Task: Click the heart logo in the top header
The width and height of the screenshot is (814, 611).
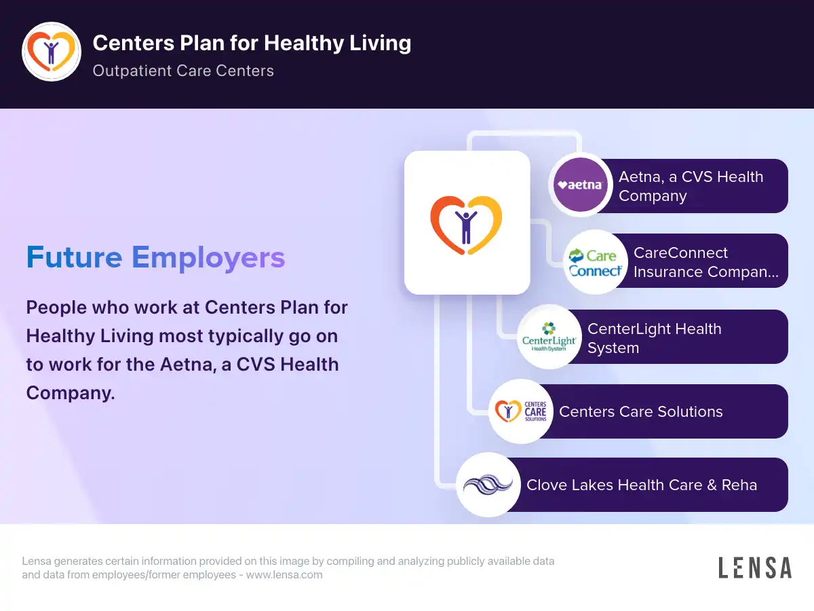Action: [52, 52]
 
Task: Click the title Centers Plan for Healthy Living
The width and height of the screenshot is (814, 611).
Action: [252, 43]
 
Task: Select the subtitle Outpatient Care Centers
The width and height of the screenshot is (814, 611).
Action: [183, 71]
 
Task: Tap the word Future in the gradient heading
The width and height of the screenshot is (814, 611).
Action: [74, 257]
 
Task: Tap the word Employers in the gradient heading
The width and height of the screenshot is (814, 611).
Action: [208, 258]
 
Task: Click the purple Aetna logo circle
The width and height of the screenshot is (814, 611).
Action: [581, 185]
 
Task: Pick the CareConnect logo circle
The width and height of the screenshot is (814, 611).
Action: [595, 262]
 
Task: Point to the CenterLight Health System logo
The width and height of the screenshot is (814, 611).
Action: [549, 337]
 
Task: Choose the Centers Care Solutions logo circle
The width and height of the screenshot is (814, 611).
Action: [521, 411]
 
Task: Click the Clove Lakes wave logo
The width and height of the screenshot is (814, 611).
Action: [488, 485]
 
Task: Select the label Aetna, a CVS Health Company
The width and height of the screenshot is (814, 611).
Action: [691, 186]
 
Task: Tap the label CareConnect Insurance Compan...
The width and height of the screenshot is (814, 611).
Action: [705, 262]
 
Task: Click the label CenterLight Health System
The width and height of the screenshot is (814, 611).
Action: [655, 338]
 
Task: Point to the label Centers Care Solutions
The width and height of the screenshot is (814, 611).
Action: [641, 411]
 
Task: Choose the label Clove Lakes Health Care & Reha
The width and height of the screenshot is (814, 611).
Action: [642, 485]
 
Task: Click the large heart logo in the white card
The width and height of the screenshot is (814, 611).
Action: [466, 225]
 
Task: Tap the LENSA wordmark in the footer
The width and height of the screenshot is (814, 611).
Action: [755, 568]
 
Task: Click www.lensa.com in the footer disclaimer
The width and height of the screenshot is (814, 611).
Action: [284, 574]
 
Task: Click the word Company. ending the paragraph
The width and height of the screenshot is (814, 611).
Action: [71, 393]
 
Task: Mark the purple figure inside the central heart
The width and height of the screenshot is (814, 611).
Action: [466, 227]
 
